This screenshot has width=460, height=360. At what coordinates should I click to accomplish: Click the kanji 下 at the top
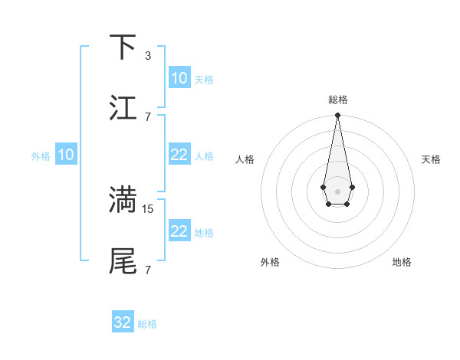[x=123, y=47]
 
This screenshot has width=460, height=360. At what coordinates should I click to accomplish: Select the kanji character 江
[x=123, y=108]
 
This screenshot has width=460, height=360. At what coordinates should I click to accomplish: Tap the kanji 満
[x=123, y=200]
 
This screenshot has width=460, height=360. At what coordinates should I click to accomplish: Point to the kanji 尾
[x=123, y=261]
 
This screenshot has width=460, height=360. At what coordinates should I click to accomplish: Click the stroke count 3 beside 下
[x=147, y=55]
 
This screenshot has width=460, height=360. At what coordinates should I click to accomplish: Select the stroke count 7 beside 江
[x=147, y=116]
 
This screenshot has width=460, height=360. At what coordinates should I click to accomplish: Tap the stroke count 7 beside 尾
[x=147, y=270]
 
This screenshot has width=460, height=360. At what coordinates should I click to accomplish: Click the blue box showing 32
[x=123, y=322]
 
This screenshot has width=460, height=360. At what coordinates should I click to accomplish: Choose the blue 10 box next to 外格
[x=65, y=155]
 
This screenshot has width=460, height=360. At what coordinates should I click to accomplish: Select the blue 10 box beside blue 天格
[x=179, y=78]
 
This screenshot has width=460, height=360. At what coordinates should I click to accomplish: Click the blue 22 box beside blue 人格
[x=179, y=155]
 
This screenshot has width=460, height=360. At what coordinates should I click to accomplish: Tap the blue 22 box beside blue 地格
[x=179, y=231]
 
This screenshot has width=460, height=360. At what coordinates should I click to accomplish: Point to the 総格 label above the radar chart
[x=337, y=100]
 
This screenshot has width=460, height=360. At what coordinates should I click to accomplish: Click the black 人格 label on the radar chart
[x=245, y=159]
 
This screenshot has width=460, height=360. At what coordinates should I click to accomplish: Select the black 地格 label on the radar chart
[x=402, y=262]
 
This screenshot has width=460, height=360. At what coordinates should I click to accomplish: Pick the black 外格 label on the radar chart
[x=270, y=262]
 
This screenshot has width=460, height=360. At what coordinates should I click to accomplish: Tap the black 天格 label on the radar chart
[x=431, y=159]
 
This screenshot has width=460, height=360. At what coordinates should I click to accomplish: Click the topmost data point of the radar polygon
[x=337, y=116]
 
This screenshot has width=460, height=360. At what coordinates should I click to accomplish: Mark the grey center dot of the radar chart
[x=337, y=190]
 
